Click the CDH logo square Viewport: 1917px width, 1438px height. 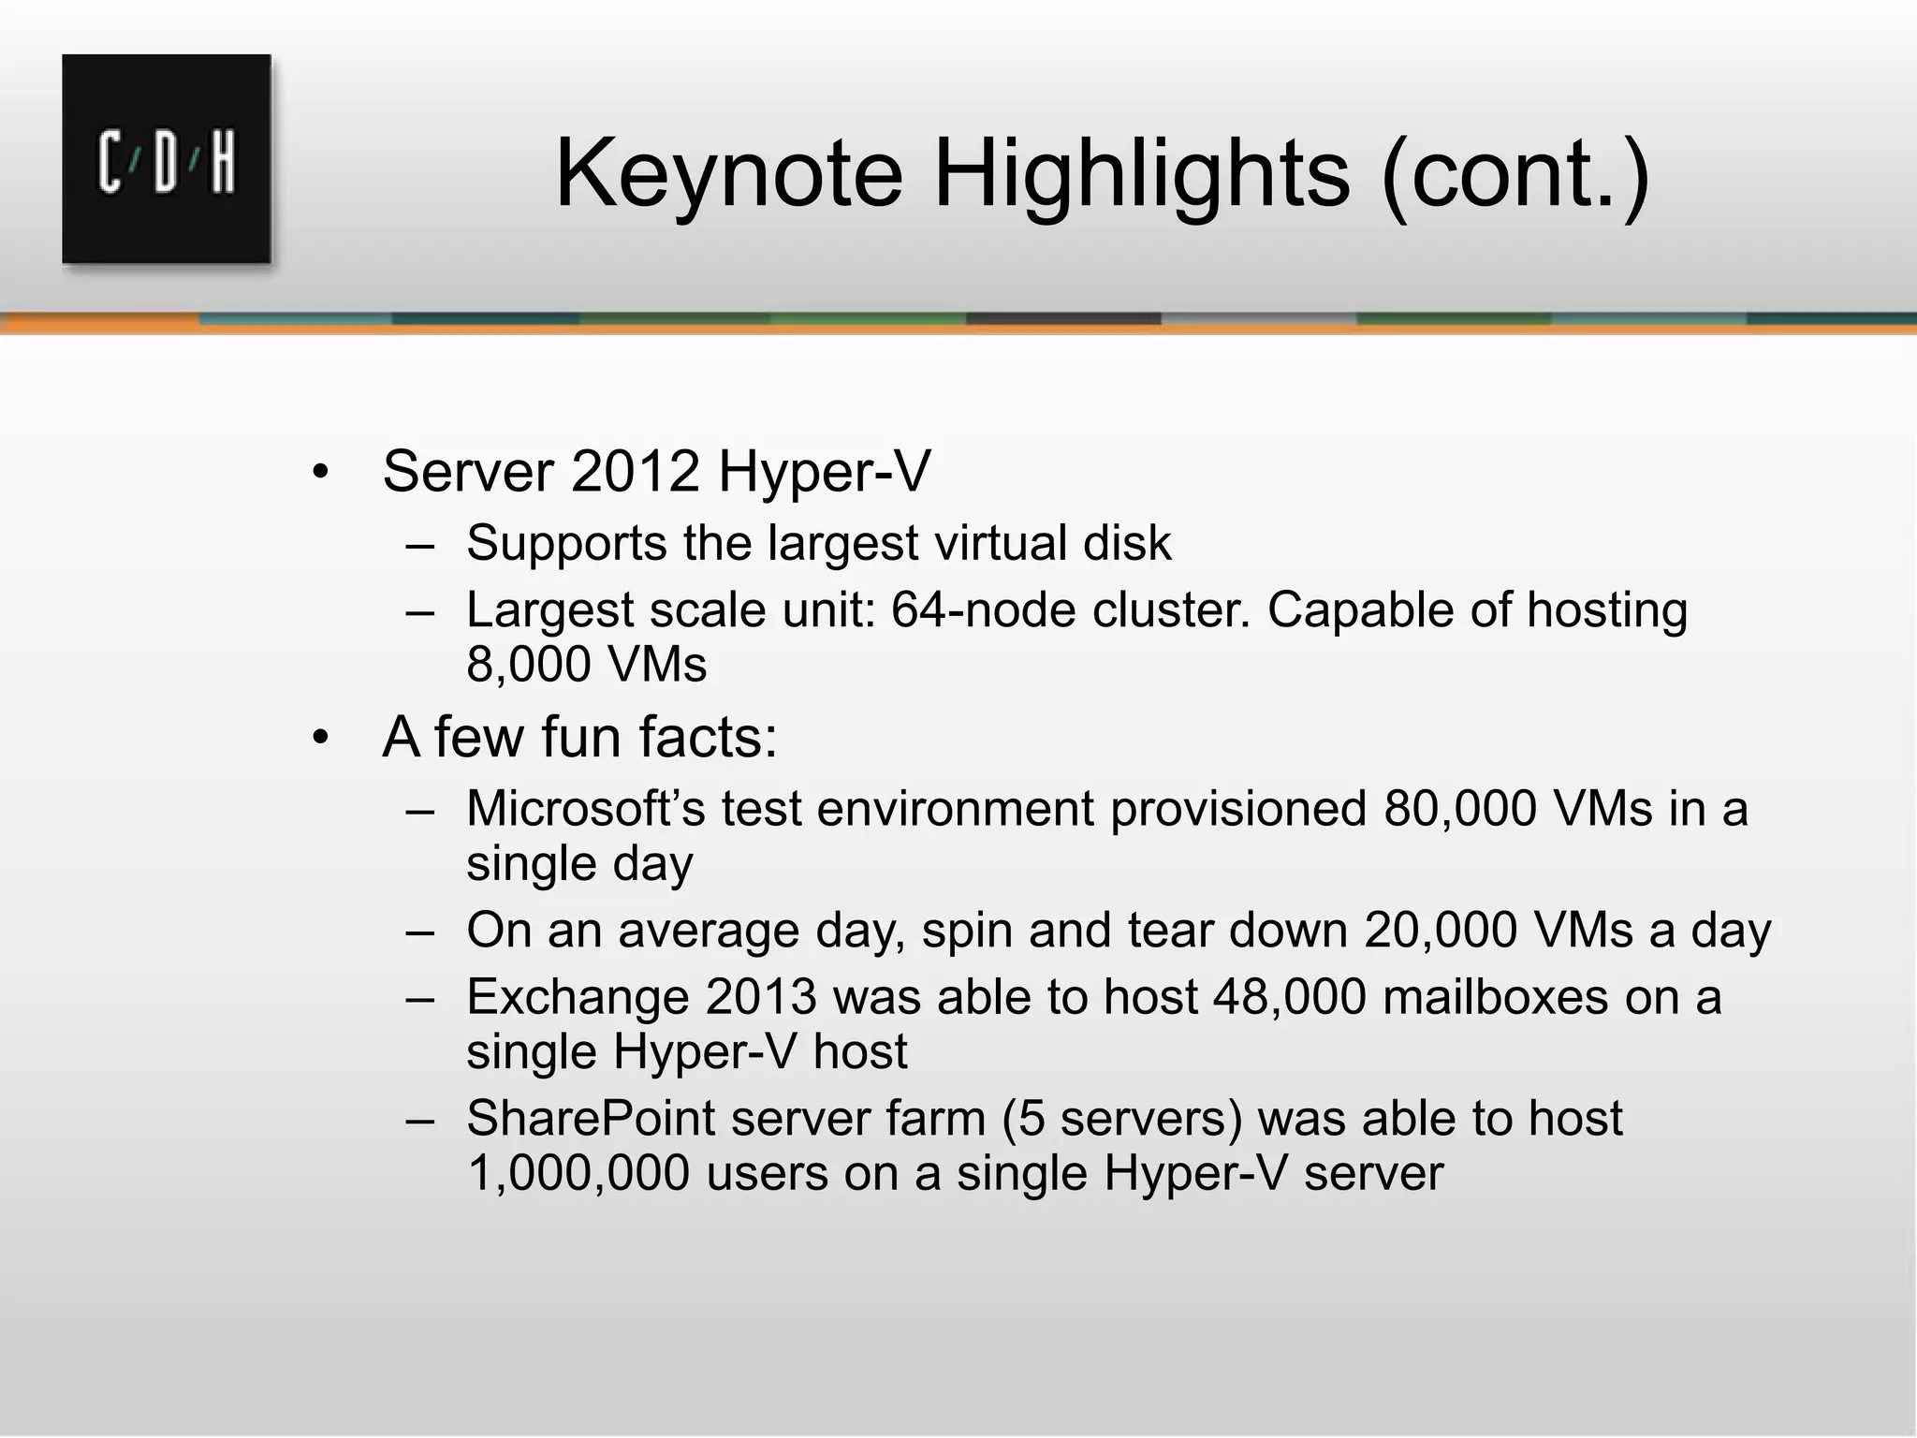167,159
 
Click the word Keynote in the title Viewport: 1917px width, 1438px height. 729,174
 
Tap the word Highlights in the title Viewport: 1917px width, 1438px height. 1142,174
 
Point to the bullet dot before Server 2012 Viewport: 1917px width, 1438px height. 321,473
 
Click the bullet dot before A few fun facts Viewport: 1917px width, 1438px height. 321,739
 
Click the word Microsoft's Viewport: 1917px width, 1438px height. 586,808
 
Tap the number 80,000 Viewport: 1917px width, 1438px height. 1460,808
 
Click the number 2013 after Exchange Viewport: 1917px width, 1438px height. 761,997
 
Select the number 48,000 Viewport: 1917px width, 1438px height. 1289,997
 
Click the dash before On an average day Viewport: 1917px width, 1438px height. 420,932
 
